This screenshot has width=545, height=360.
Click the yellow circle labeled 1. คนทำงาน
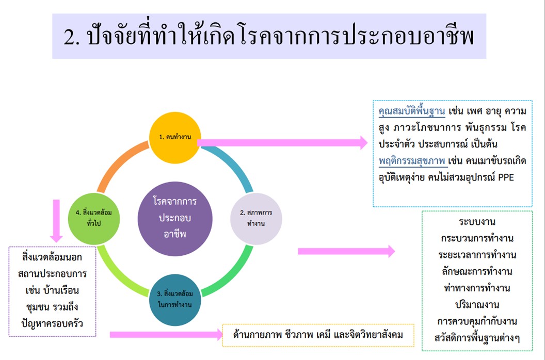click(x=175, y=138)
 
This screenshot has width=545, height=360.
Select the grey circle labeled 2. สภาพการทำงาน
click(x=256, y=219)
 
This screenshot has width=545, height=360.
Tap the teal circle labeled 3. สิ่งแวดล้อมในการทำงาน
click(x=175, y=300)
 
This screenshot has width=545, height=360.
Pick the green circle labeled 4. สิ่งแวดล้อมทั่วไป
click(x=94, y=219)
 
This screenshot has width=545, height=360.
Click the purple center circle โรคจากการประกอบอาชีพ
click(x=175, y=219)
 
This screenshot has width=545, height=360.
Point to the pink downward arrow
click(x=56, y=221)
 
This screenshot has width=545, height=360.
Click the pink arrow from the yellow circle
click(x=282, y=142)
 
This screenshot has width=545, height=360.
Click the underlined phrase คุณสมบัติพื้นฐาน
click(x=411, y=111)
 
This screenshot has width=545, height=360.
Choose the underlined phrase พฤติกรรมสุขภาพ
click(x=411, y=161)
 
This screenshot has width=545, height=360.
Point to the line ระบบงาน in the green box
click(x=477, y=222)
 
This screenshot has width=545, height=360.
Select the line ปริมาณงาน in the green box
click(x=477, y=305)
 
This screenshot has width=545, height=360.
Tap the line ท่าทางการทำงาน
click(x=477, y=288)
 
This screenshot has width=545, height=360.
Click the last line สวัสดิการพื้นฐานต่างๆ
click(x=477, y=338)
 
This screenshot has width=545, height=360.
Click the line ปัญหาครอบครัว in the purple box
click(x=52, y=324)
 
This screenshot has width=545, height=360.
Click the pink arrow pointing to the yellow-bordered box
click(x=167, y=335)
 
